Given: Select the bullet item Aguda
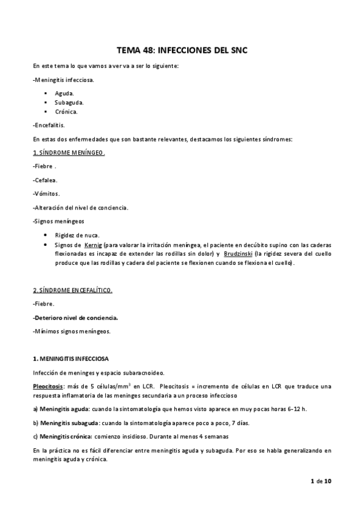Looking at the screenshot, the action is (64, 94).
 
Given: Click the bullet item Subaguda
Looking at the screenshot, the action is (69, 103).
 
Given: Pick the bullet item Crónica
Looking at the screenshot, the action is (66, 112).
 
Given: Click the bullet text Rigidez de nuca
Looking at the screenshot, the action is (77, 236).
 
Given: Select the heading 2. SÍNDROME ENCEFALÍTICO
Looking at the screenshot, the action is (72, 290).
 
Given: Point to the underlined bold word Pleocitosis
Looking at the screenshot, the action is (49, 386).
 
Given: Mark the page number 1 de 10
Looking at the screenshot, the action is (320, 481).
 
